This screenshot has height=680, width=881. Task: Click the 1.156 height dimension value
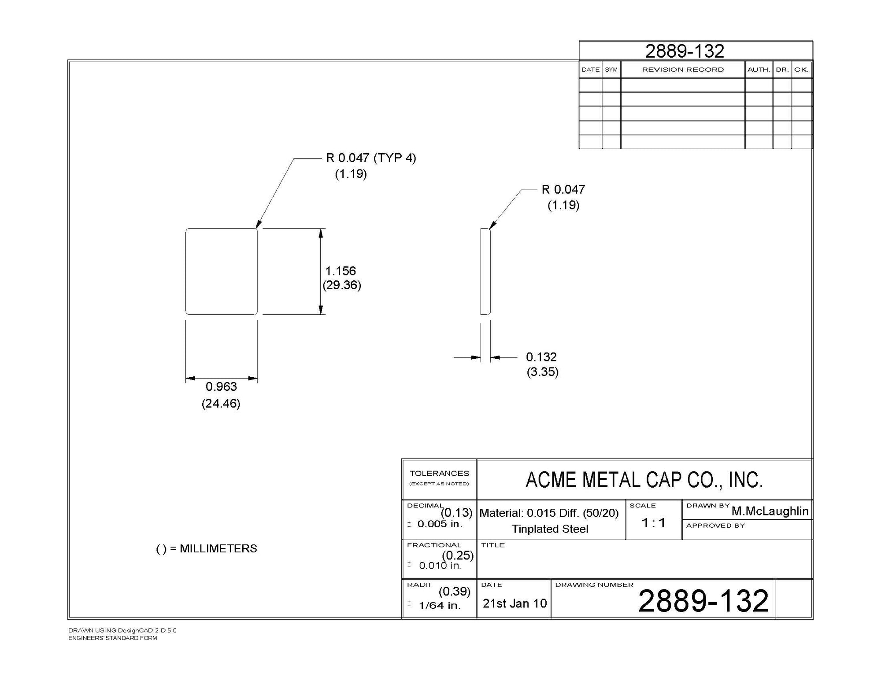tap(341, 271)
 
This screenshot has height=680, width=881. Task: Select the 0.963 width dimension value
tap(221, 386)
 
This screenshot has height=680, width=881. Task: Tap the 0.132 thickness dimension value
tap(541, 357)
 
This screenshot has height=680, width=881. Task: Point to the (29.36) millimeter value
tap(342, 285)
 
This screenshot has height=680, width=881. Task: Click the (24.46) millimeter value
tap(221, 403)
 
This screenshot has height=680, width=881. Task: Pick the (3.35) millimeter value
tap(543, 372)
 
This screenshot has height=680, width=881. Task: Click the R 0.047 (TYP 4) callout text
tap(371, 158)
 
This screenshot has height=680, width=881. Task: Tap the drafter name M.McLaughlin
tap(770, 511)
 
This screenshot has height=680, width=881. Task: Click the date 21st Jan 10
tap(515, 603)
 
